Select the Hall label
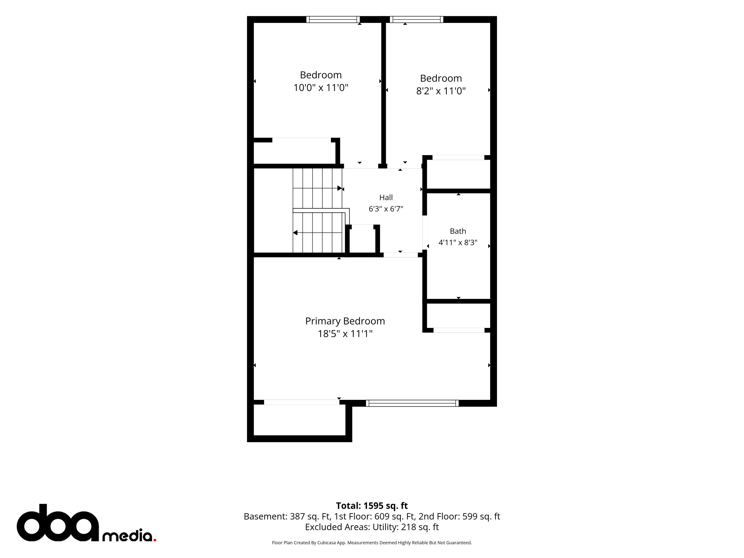click(x=386, y=197)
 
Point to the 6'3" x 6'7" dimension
click(x=386, y=209)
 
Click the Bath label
click(x=458, y=231)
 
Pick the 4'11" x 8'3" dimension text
click(x=458, y=243)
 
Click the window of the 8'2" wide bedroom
click(x=416, y=20)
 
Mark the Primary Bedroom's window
click(x=412, y=403)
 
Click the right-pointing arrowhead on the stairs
click(x=340, y=188)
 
